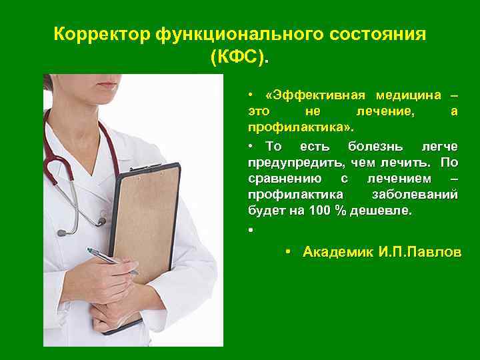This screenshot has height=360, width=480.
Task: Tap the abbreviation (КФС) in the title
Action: (241, 58)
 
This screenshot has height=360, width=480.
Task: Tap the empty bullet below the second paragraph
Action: (249, 231)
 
